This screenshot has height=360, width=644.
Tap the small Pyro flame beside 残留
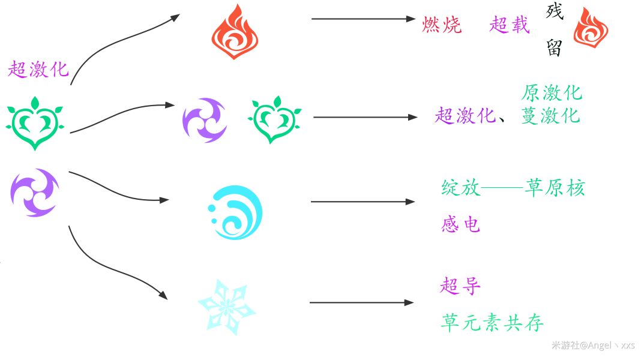591,28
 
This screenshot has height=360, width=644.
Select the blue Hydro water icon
235,212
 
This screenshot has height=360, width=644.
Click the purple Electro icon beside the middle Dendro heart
205,120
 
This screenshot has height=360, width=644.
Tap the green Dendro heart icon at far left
35,123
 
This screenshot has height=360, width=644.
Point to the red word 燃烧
442,25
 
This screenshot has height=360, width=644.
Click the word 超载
510,25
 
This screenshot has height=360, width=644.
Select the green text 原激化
552,93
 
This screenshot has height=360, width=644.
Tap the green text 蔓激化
551,115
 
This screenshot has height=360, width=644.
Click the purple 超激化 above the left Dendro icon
38,69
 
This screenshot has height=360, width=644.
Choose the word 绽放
460,188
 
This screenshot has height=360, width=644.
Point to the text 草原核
555,188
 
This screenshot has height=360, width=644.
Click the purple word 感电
460,224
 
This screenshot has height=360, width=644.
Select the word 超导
460,286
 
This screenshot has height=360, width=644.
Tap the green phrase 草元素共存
492,322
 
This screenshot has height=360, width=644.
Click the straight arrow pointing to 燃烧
364,19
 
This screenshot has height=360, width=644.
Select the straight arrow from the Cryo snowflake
361,303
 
